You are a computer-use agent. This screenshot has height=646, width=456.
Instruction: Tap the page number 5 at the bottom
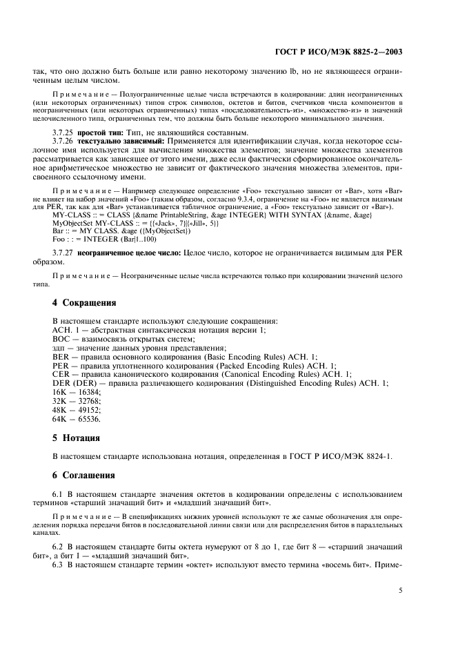(401, 590)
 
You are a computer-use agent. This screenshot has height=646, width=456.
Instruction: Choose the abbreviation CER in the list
(61, 374)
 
